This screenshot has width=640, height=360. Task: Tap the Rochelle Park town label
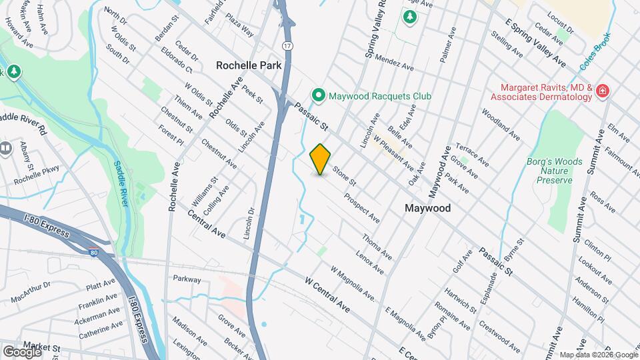click(x=249, y=66)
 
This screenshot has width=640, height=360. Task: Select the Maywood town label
click(x=428, y=208)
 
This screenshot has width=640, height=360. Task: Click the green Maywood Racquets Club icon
click(x=319, y=96)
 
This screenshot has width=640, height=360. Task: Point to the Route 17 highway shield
click(x=287, y=46)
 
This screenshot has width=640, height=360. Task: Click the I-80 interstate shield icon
click(x=95, y=251)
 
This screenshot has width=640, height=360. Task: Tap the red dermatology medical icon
click(x=603, y=91)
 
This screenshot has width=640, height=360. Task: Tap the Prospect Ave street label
click(x=362, y=208)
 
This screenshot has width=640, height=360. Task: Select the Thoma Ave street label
click(x=377, y=247)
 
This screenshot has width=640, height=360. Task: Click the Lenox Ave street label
click(x=369, y=261)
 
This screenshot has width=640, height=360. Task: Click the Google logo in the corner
click(x=22, y=351)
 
